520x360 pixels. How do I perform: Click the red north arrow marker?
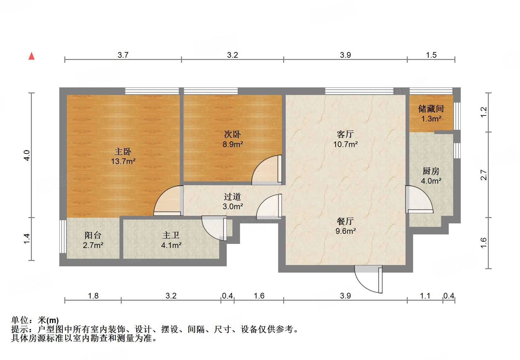[32, 56]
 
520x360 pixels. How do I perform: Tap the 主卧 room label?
[123, 152]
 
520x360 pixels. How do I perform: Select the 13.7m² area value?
[123, 162]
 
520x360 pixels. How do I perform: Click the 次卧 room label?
[232, 134]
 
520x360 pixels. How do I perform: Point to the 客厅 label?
[345, 134]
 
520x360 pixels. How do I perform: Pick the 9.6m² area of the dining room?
[345, 231]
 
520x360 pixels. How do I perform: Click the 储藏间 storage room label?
[431, 109]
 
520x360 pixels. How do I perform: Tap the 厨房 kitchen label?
[431, 171]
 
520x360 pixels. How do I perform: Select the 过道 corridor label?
[232, 197]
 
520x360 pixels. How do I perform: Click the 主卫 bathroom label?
[171, 235]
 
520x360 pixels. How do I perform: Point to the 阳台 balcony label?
[93, 235]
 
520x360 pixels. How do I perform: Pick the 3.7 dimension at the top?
[123, 55]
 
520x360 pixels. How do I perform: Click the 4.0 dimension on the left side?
[27, 155]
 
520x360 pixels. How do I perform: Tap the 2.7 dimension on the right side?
[484, 175]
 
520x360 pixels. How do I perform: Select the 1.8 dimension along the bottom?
[93, 296]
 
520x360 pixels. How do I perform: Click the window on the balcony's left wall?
[63, 236]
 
